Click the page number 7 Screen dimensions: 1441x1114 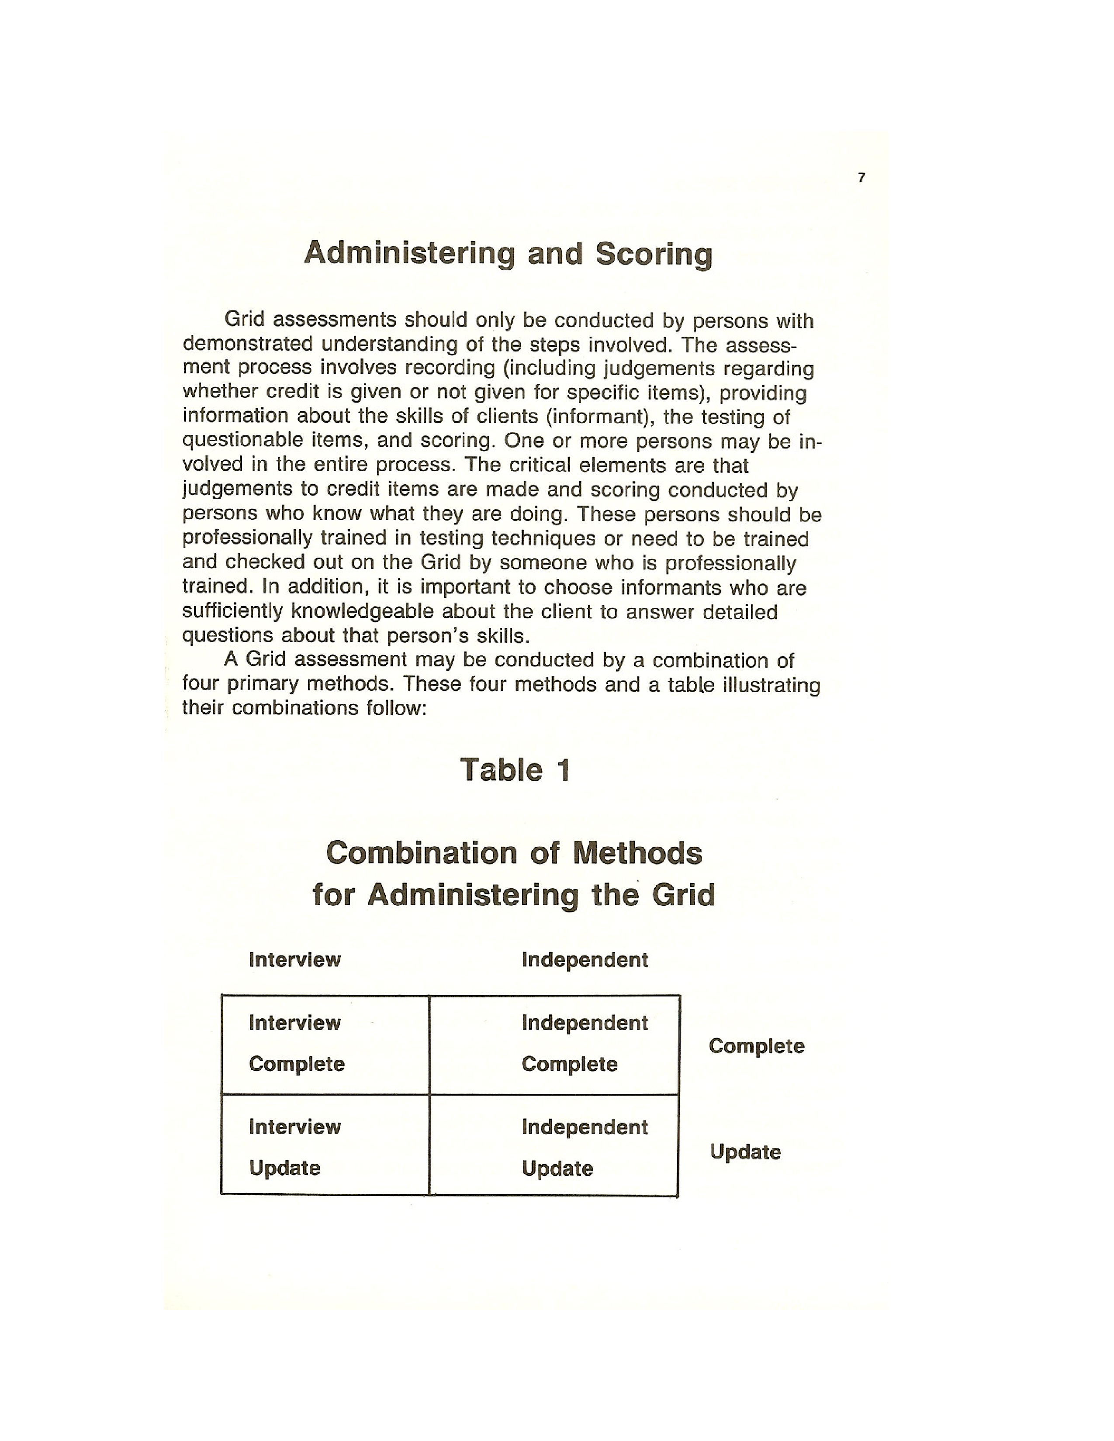point(861,177)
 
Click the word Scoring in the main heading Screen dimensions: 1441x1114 point(654,254)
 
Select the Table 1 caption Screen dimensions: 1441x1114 point(514,770)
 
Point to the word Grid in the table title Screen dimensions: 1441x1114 point(683,895)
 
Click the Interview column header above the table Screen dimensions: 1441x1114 point(294,960)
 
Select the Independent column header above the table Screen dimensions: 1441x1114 point(585,960)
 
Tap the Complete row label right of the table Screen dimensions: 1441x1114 point(756,1046)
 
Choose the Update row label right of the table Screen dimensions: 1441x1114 point(745,1152)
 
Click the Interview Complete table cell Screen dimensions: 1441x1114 point(325,1043)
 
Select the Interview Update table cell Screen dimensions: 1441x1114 point(325,1148)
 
